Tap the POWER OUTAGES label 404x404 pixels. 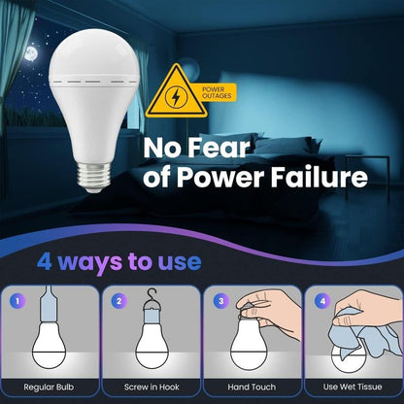coord(219,92)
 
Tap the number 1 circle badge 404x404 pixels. coord(16,301)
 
